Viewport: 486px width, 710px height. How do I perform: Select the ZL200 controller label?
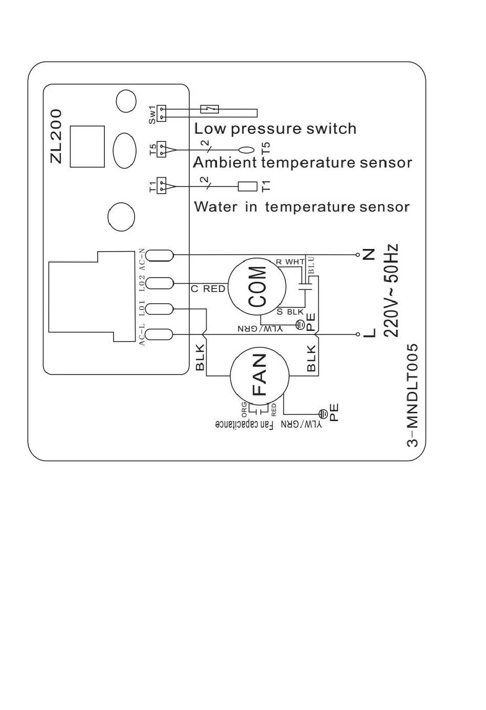(x=56, y=136)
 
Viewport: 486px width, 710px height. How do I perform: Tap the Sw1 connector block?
(x=162, y=114)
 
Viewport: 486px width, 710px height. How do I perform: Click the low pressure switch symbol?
(x=210, y=109)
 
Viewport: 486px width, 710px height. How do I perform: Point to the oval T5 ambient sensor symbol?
(x=247, y=150)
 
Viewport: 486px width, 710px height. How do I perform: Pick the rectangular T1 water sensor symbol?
(x=248, y=186)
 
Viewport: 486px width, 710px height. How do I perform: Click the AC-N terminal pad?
(x=161, y=255)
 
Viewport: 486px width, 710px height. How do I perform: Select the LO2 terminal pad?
(x=161, y=283)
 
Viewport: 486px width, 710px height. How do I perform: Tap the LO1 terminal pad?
(x=161, y=309)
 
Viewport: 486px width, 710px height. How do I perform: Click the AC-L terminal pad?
(x=161, y=335)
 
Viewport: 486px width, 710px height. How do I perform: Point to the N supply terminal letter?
(x=369, y=255)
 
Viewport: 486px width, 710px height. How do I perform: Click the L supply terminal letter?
(x=369, y=333)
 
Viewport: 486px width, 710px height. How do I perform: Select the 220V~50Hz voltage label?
(x=391, y=290)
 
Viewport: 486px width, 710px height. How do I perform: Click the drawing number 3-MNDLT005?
(x=412, y=395)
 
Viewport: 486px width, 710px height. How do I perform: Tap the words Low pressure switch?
(x=275, y=129)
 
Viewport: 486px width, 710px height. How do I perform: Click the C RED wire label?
(x=208, y=289)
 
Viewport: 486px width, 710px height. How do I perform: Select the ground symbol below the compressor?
(x=299, y=324)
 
